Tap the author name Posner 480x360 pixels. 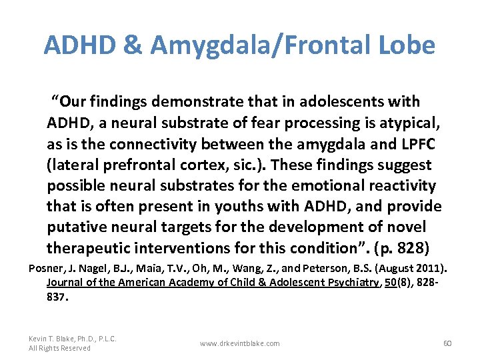click(x=49, y=269)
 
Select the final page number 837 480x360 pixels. click(x=57, y=295)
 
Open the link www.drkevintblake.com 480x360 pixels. click(x=240, y=343)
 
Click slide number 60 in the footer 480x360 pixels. click(x=447, y=343)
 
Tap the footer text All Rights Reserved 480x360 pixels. click(x=59, y=348)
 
